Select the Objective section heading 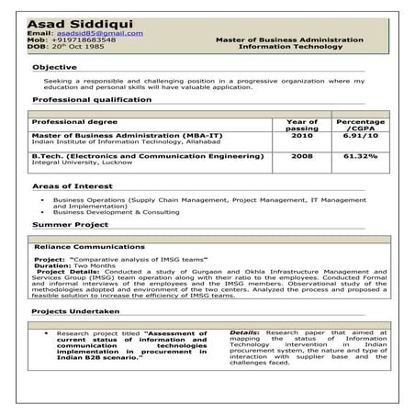pos(55,68)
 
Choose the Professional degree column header pos(74,121)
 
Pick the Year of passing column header pos(301,125)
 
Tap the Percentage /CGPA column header pos(360,125)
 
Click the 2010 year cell pos(301,136)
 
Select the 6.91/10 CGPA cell pos(360,136)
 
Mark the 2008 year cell pos(301,156)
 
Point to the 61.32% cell pos(360,156)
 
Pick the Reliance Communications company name pos(89,247)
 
